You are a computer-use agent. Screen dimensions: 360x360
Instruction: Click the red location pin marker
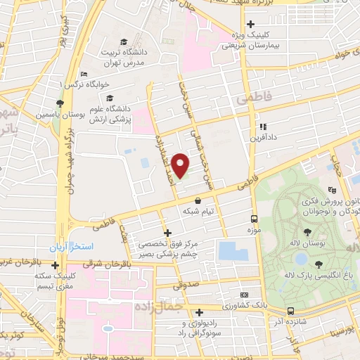180,165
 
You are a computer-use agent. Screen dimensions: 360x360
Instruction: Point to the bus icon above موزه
254,219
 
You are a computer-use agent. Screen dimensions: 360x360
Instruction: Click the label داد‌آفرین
264,138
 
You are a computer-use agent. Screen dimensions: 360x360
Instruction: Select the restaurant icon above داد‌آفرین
262,127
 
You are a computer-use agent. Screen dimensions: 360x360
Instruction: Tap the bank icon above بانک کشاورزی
244,295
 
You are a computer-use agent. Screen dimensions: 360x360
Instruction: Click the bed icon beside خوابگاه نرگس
84,75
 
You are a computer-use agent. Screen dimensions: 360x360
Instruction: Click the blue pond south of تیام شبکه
228,250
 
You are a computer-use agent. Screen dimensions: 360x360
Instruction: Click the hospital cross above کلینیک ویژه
250,24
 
